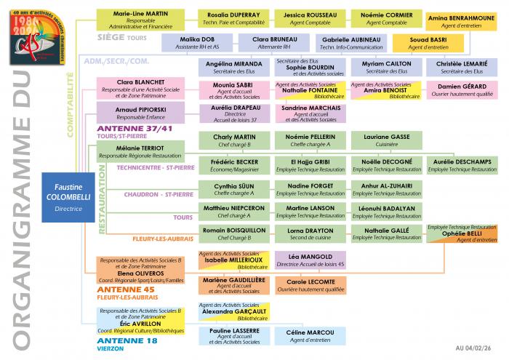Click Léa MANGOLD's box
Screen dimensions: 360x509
pyautogui.click(x=310, y=260)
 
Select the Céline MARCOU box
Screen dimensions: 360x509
pyautogui.click(x=310, y=335)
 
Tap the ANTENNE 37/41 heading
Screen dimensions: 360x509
pyautogui.click(x=124, y=128)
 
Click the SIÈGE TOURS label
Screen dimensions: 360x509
pyautogui.click(x=122, y=36)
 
